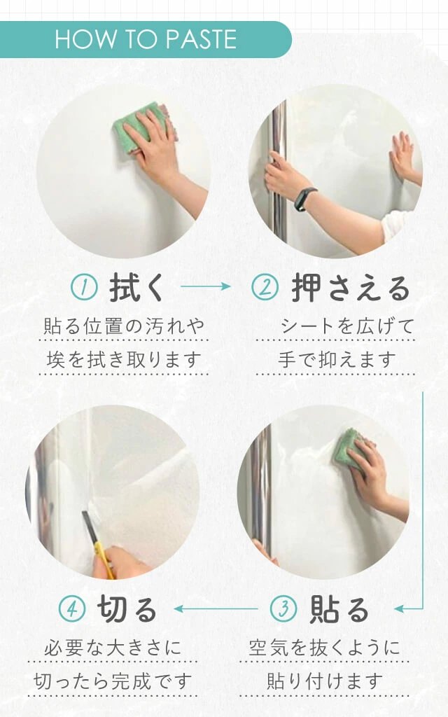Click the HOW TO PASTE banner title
[x=146, y=39]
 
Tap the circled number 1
[x=84, y=287]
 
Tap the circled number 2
[x=265, y=287]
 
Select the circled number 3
[x=283, y=608]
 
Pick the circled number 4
[x=72, y=608]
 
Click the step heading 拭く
[x=136, y=288]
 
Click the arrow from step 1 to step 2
[x=206, y=286]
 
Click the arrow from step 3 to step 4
[x=216, y=608]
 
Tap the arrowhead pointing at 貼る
[x=399, y=608]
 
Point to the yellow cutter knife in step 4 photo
[x=98, y=544]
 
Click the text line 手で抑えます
[x=337, y=359]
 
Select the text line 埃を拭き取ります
[x=124, y=359]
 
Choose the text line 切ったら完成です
[x=113, y=681]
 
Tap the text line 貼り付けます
[x=325, y=681]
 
